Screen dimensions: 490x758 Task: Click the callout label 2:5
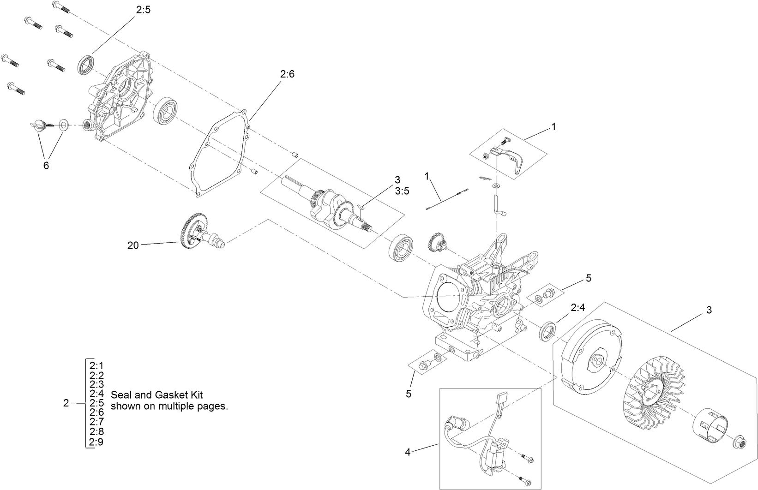(143, 9)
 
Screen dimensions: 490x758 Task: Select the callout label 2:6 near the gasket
(287, 74)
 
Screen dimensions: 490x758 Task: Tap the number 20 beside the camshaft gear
(133, 245)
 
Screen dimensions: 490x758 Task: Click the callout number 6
(46, 165)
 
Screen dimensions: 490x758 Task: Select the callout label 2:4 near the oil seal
(578, 307)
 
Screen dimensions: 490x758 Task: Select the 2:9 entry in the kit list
(96, 442)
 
